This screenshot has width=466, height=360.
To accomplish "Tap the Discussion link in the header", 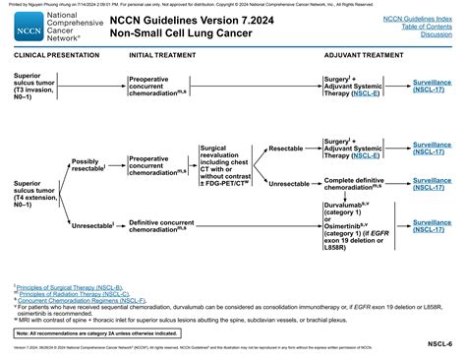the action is [435, 34].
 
